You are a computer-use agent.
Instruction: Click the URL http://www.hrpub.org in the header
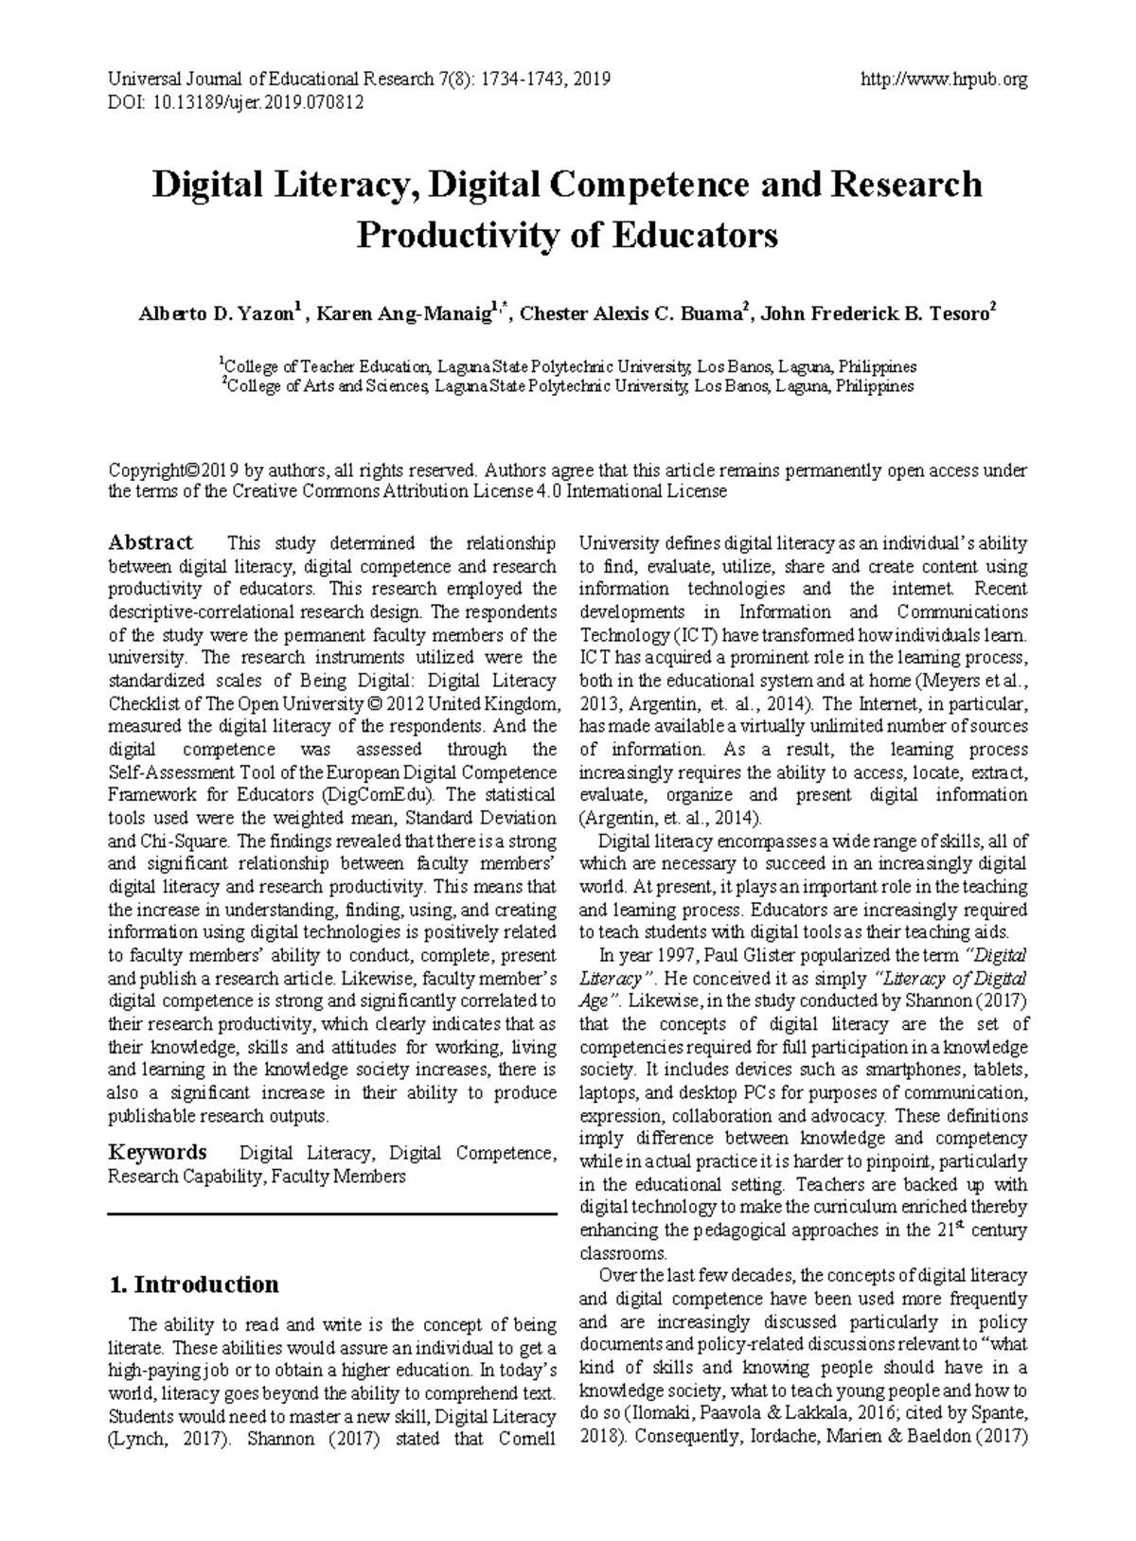click(x=943, y=80)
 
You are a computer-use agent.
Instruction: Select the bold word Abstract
click(x=151, y=543)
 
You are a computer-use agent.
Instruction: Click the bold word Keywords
click(x=157, y=1153)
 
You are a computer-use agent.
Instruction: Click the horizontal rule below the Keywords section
click(x=332, y=1213)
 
